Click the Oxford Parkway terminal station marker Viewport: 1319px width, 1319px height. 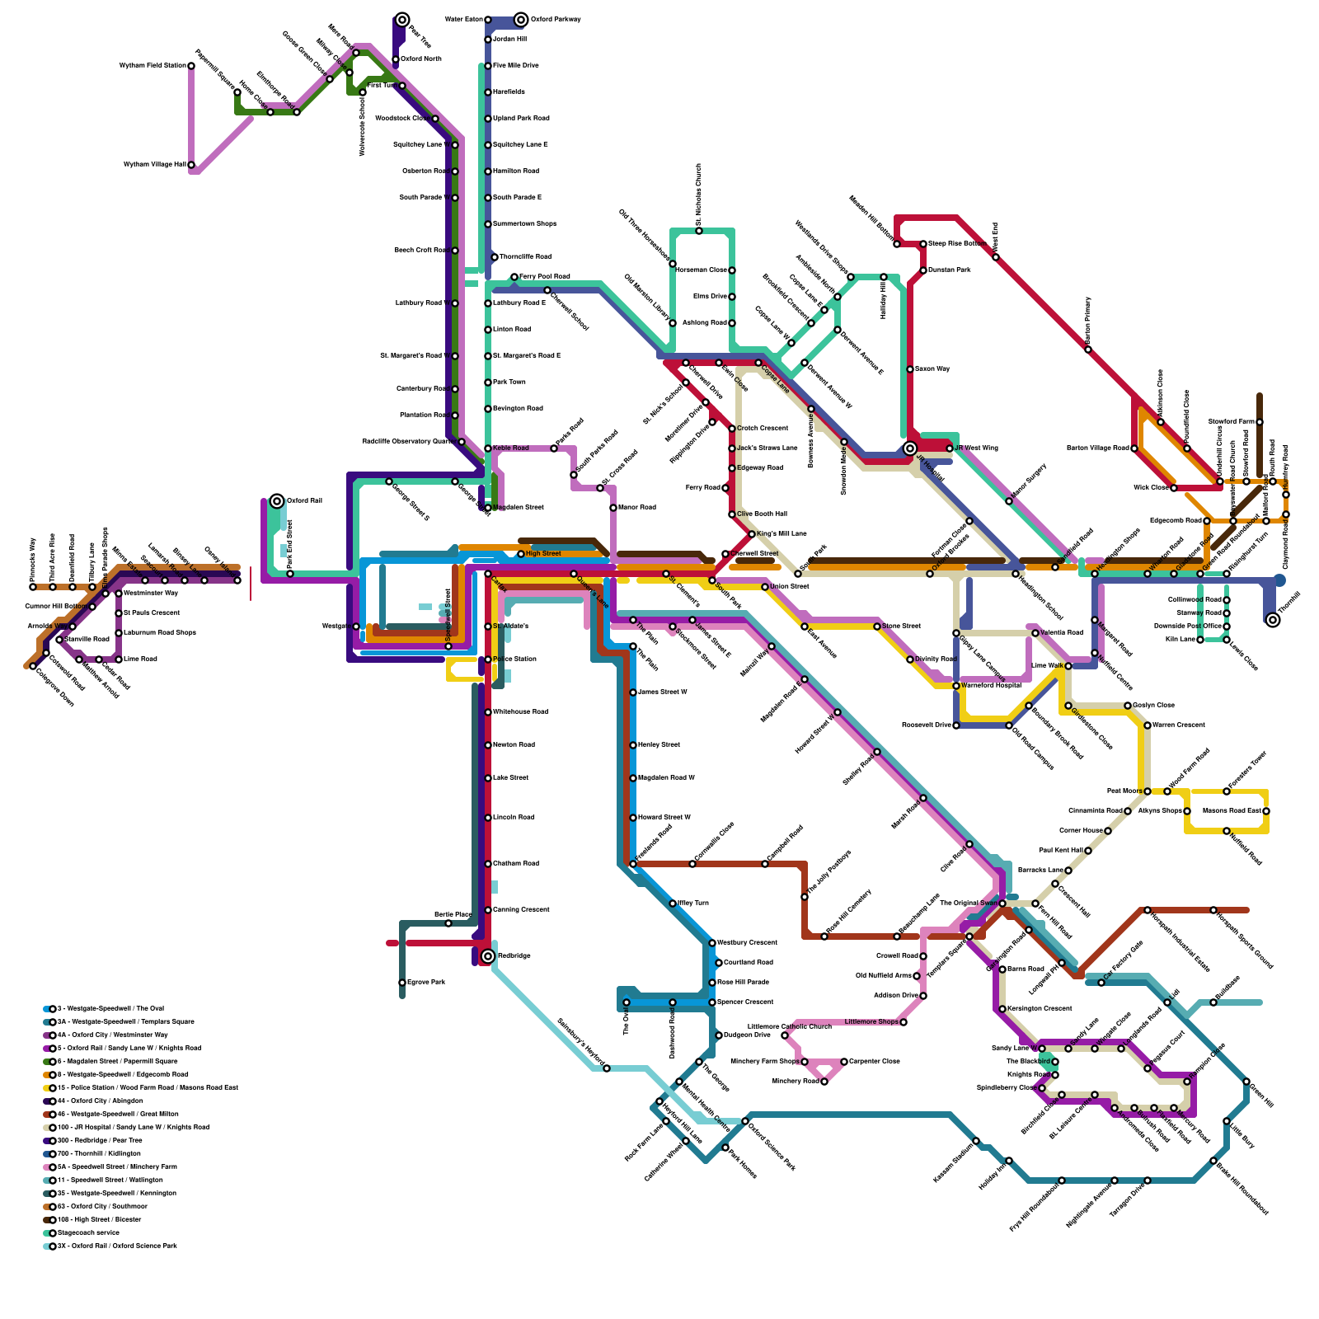pos(521,20)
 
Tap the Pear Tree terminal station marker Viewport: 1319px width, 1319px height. pos(402,20)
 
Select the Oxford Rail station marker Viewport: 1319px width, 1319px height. pos(277,501)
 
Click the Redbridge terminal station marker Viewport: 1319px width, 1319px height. pos(488,956)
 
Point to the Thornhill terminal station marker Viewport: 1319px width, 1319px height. pos(1273,620)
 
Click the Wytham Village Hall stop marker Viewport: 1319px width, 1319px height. pos(191,165)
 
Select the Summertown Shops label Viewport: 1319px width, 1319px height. pos(524,224)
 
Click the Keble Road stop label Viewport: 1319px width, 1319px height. pos(511,448)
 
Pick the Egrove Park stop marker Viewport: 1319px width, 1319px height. pos(402,983)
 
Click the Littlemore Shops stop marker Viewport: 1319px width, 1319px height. pos(904,1022)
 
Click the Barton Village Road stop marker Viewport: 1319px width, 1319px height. pos(1134,448)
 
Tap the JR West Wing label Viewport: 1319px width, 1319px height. pos(976,448)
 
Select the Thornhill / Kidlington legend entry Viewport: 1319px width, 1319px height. pos(99,1153)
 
